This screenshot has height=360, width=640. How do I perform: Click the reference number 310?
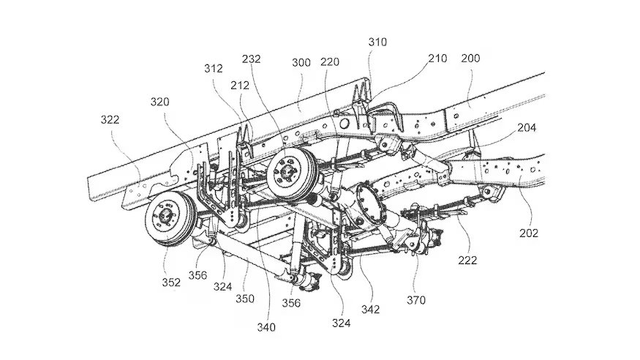(x=377, y=42)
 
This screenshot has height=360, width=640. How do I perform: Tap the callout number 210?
(x=437, y=59)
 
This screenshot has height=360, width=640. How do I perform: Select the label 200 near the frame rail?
(x=470, y=59)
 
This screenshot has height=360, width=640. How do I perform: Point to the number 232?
(x=251, y=59)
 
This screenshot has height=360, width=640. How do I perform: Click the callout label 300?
(x=301, y=62)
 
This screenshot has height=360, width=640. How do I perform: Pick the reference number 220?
(x=329, y=61)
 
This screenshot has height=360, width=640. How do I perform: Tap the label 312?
(x=214, y=69)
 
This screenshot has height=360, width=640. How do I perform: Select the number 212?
(x=240, y=86)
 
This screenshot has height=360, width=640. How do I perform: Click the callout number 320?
(x=159, y=102)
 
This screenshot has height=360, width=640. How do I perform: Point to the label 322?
(x=110, y=119)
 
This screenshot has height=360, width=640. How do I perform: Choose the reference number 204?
(x=527, y=128)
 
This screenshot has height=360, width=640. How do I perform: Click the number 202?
(x=529, y=233)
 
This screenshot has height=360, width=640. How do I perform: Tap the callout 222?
(x=467, y=260)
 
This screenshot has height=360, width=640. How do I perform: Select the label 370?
(x=416, y=301)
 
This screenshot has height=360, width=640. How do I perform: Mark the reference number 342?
(x=370, y=310)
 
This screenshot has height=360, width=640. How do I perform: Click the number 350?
(x=244, y=299)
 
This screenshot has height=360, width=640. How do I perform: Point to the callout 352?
(x=171, y=282)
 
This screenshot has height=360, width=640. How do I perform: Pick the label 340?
(x=266, y=327)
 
